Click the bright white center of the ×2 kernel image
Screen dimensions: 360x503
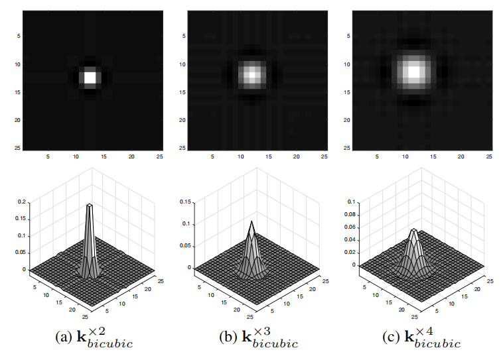pos(90,77)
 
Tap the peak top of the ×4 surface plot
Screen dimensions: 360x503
pos(413,230)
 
